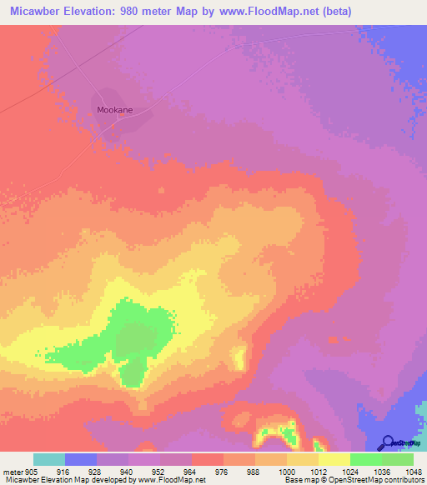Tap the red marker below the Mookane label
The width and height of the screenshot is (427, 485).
click(x=119, y=117)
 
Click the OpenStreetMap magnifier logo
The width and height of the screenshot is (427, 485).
click(x=388, y=442)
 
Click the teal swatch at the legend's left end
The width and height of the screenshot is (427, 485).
click(x=49, y=459)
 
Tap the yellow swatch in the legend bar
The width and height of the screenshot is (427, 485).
click(x=334, y=459)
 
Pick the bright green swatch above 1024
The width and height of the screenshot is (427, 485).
click(x=365, y=459)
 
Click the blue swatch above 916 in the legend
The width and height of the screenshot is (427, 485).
click(x=81, y=459)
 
